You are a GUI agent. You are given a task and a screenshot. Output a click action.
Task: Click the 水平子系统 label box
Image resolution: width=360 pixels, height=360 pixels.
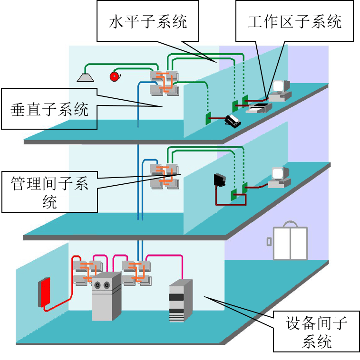click(147, 21)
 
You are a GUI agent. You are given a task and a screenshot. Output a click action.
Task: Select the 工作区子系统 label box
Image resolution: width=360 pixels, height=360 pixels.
click(294, 21)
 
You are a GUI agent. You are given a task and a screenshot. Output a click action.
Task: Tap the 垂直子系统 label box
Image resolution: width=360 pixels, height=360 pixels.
click(49, 109)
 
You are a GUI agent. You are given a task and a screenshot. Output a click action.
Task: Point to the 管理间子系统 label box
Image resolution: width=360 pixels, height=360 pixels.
click(49, 192)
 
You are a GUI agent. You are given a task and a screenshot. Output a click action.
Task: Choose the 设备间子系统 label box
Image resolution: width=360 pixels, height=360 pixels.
click(316, 332)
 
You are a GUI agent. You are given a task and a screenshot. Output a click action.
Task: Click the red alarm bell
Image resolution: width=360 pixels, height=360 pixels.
click(114, 76)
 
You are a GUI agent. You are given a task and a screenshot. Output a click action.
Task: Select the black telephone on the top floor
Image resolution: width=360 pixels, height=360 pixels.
click(233, 121)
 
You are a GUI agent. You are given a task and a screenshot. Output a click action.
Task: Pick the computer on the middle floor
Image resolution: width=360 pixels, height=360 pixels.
click(279, 177)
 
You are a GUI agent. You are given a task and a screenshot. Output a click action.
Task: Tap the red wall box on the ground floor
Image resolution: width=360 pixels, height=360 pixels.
click(44, 292)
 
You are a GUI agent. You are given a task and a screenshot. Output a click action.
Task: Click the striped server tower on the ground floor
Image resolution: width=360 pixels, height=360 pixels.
click(180, 301)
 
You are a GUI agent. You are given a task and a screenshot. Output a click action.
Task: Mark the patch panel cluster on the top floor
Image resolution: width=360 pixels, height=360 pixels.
click(164, 82)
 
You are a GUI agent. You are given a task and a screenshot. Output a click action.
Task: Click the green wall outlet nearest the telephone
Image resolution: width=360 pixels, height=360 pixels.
click(208, 118)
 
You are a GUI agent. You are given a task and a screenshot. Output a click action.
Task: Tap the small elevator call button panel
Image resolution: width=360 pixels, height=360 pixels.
click(269, 241)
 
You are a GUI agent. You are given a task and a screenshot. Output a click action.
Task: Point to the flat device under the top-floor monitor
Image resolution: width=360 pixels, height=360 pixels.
click(259, 109)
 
